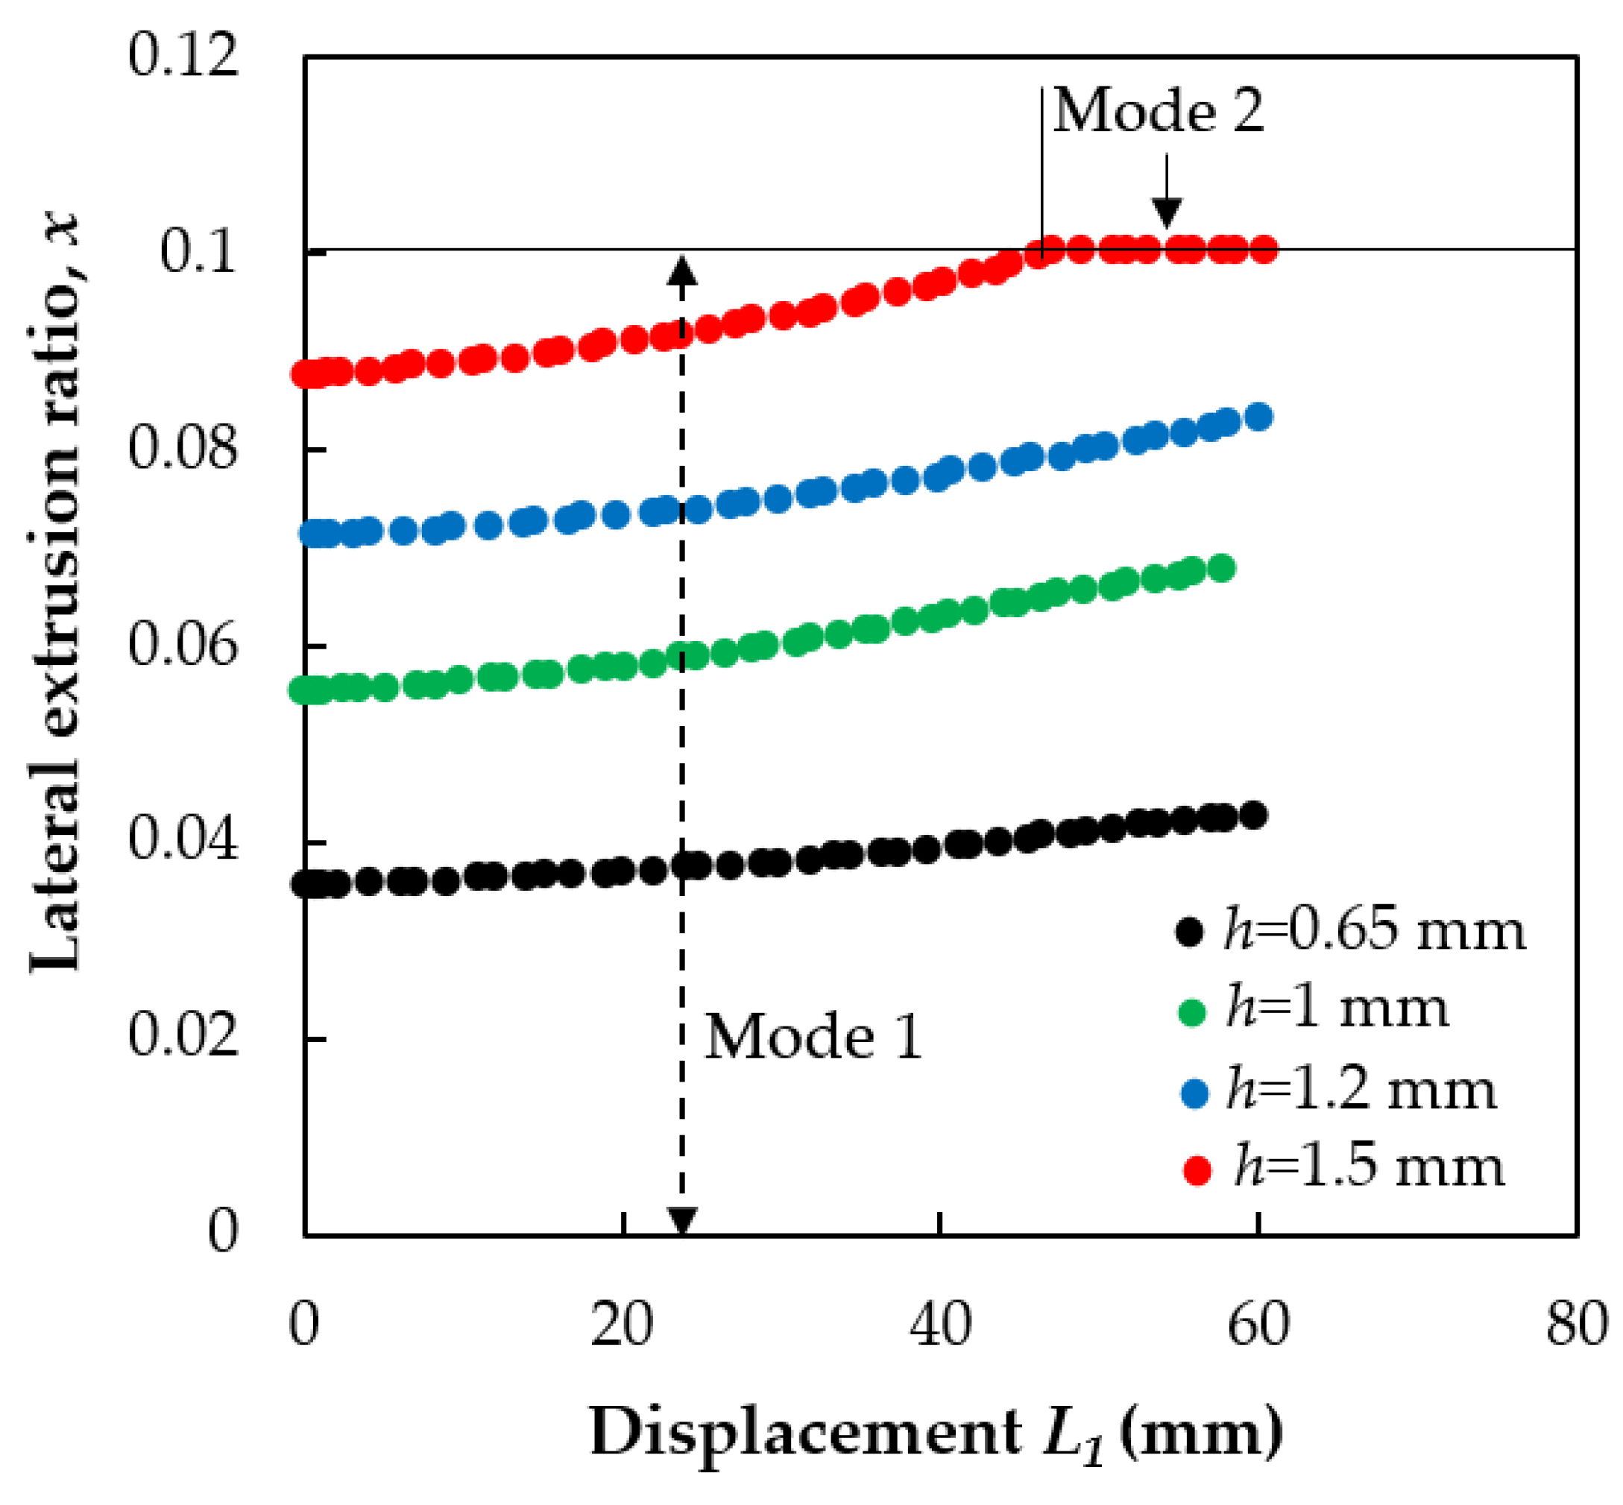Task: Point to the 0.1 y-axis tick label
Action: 198,252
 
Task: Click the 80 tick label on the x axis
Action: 1576,1323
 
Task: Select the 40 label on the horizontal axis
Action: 940,1323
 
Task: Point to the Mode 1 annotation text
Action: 812,1038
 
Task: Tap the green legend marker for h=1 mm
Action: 1191,1012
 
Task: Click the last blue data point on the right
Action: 1259,417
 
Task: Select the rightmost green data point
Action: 1221,567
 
